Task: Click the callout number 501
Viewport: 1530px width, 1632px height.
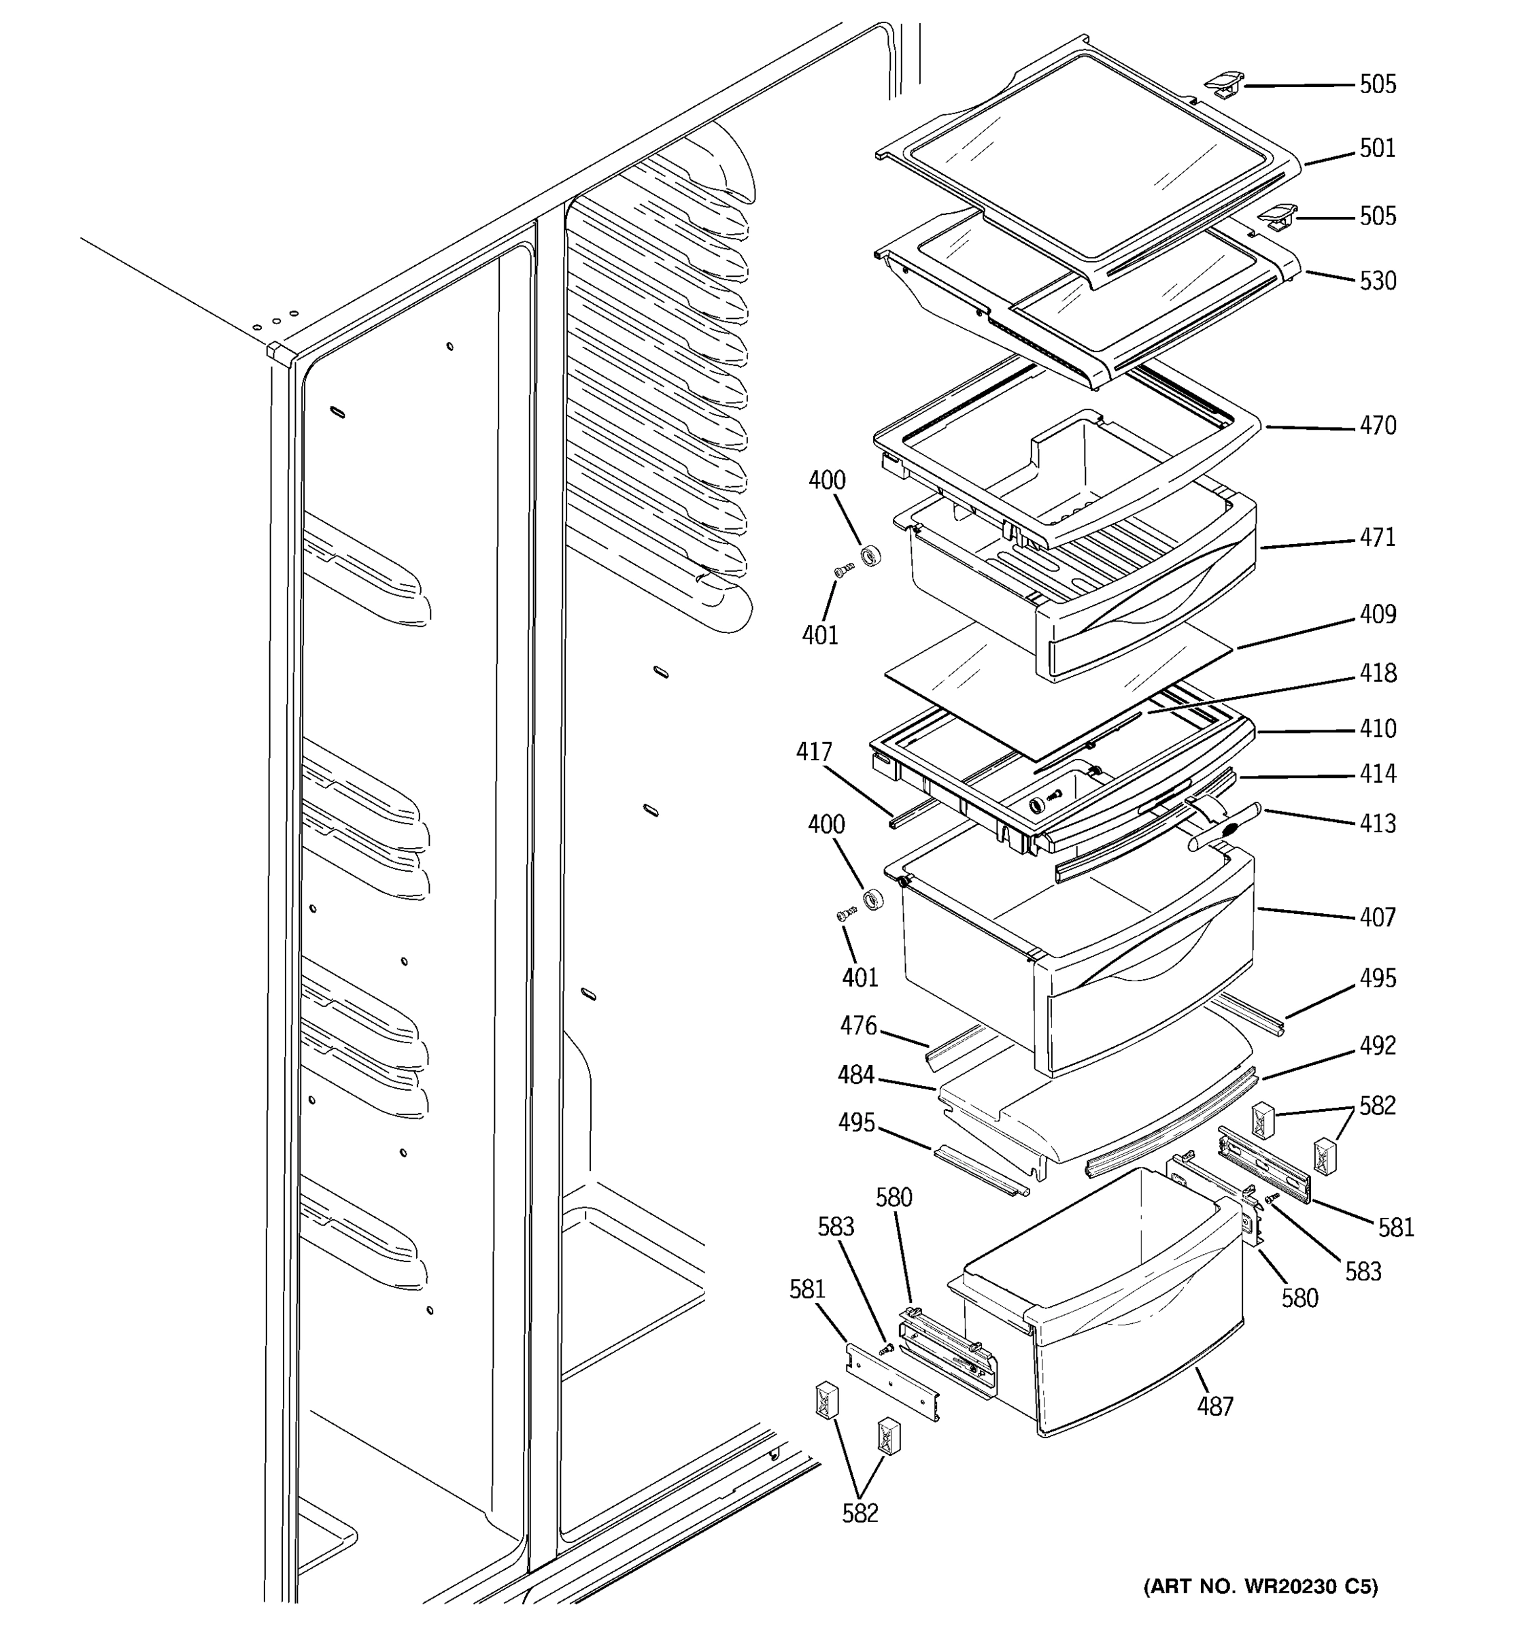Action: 1377,149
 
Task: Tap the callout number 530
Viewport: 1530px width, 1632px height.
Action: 1377,282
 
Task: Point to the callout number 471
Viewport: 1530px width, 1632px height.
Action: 1377,538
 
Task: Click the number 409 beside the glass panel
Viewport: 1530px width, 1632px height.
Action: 1377,614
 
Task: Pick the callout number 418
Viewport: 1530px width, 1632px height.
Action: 1377,673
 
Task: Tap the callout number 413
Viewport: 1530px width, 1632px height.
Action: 1377,823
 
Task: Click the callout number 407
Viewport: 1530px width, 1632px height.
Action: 1377,917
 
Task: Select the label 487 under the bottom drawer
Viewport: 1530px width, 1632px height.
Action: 1214,1407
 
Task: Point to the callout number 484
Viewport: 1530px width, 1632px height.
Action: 855,1074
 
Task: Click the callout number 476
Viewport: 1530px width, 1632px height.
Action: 857,1025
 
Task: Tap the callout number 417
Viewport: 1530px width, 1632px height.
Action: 813,751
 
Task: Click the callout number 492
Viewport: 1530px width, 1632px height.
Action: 1377,1045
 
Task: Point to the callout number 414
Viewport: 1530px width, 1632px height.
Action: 1377,773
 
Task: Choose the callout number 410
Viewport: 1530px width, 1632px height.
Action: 1377,729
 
